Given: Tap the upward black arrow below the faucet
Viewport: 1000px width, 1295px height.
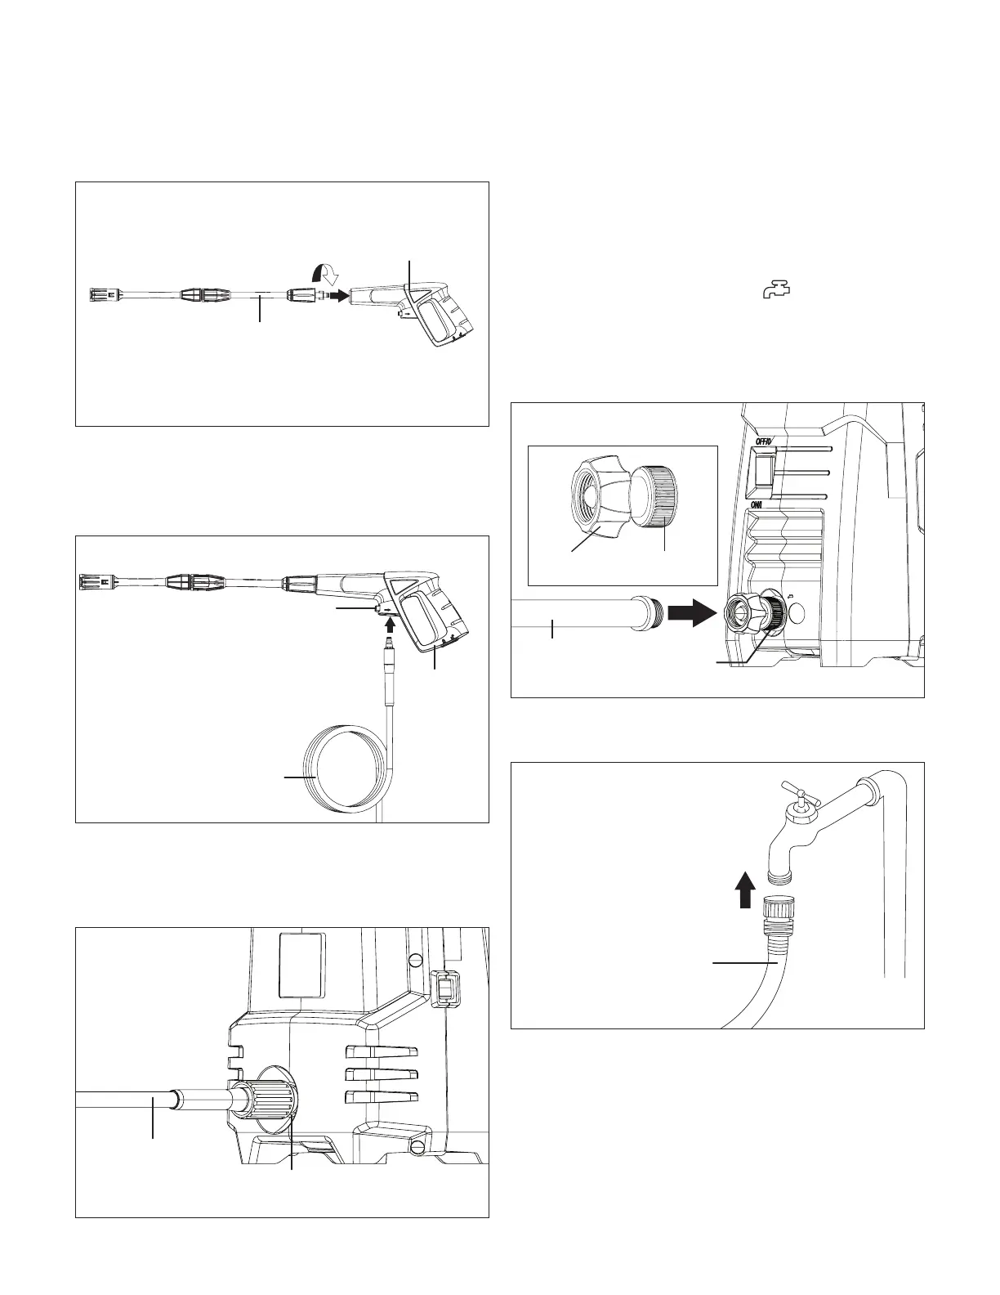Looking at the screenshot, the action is point(744,889).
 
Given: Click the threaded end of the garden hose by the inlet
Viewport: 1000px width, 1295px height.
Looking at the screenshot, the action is point(650,613).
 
